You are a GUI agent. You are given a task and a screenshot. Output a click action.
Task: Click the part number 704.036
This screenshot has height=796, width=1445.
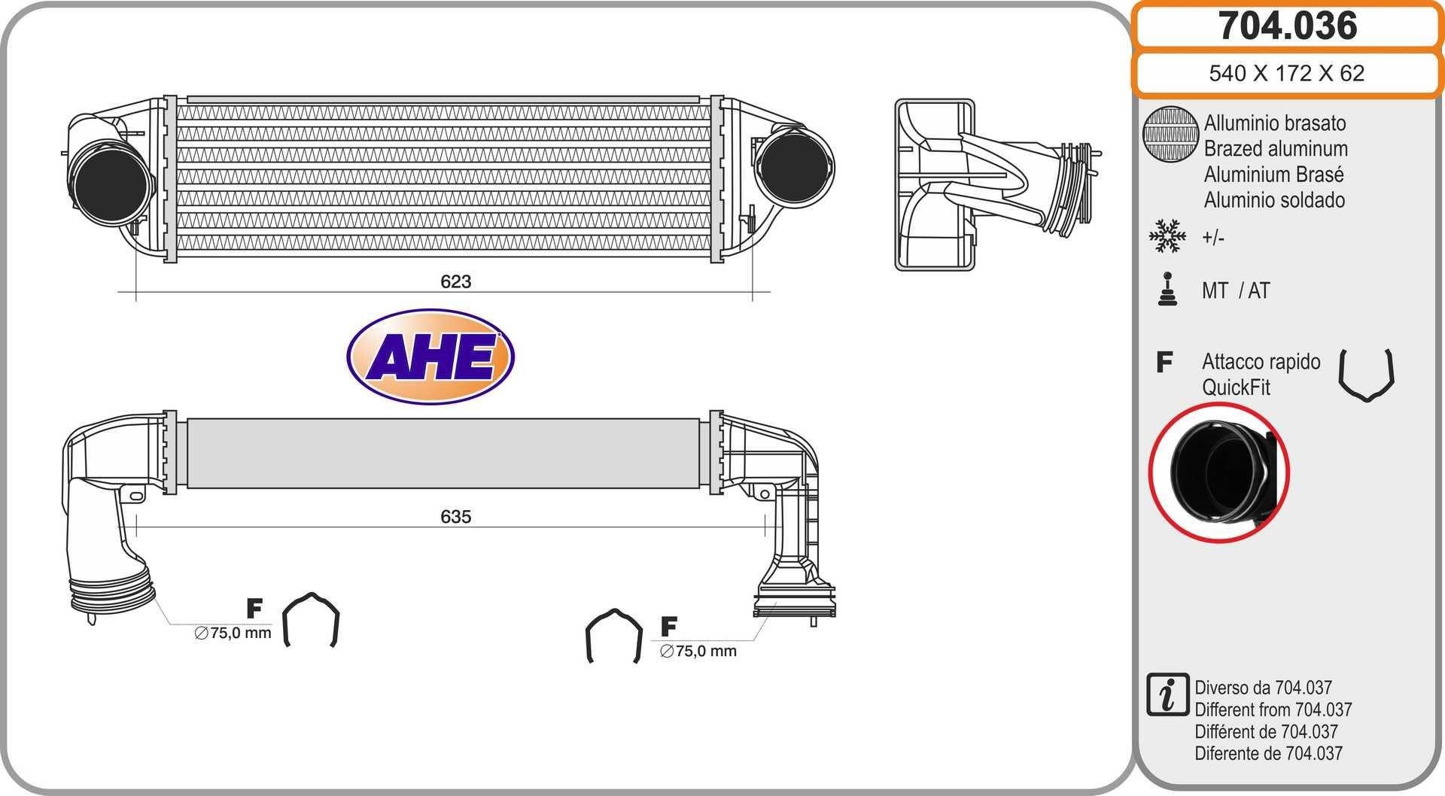(x=1287, y=26)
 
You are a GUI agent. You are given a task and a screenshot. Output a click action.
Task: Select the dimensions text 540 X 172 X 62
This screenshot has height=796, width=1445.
(x=1286, y=73)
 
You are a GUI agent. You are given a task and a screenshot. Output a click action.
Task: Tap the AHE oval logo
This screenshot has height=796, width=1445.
(x=430, y=357)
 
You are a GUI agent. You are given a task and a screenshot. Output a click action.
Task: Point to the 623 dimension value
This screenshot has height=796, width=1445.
(x=455, y=281)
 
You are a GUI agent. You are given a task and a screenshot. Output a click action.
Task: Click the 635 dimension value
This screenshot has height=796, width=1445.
(x=455, y=517)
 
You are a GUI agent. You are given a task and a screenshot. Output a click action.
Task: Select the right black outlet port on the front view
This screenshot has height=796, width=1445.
(x=792, y=167)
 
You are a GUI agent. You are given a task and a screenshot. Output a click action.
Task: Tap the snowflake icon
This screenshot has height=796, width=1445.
(x=1167, y=236)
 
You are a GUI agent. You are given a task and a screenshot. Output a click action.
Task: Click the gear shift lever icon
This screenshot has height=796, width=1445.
(x=1167, y=290)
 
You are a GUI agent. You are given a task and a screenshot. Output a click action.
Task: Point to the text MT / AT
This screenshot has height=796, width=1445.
(x=1236, y=290)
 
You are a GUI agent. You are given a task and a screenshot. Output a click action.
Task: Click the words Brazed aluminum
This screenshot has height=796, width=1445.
(x=1275, y=149)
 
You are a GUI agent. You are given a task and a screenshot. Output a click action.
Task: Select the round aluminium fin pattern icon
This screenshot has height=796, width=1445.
(x=1170, y=134)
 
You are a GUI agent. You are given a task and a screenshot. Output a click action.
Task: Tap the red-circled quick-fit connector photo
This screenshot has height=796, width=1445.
(x=1219, y=472)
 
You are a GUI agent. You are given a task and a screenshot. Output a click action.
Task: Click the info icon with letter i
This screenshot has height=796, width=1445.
(x=1167, y=694)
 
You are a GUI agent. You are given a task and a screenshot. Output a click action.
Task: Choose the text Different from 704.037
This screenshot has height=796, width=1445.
(x=1273, y=709)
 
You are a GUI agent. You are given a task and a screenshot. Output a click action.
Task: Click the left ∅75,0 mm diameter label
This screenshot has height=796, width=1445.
(x=233, y=633)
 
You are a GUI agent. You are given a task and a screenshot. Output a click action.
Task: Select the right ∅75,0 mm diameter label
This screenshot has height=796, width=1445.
(x=698, y=652)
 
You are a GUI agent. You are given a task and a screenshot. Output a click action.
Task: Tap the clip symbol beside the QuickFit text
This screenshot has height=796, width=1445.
(x=1366, y=374)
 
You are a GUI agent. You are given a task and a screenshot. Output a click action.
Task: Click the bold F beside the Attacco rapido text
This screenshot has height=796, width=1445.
(x=1164, y=362)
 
